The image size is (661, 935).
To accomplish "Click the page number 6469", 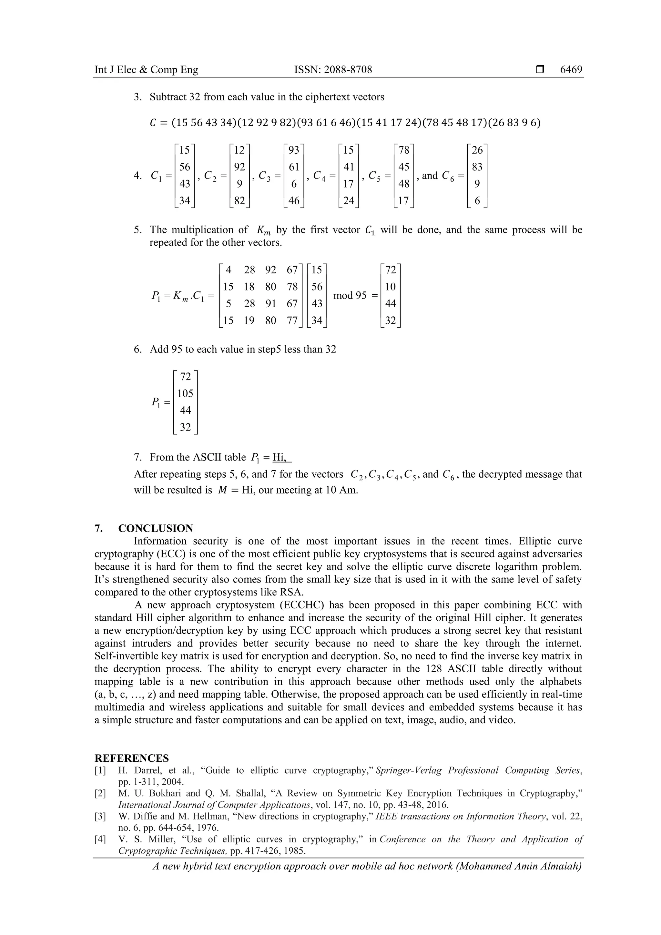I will (x=571, y=70).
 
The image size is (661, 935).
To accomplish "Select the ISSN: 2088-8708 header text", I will (x=333, y=70).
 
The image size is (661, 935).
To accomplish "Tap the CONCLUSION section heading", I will (x=156, y=529).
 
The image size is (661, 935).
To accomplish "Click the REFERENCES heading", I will (x=132, y=758).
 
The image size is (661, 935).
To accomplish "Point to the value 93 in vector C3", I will (x=294, y=150).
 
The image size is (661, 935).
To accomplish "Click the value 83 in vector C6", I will (x=477, y=167).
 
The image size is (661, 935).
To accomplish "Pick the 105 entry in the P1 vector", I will (x=185, y=393).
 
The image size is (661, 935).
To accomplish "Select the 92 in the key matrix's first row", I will (x=270, y=270).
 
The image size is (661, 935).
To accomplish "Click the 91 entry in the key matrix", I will (x=270, y=304).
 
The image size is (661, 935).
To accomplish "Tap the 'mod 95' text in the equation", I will (x=350, y=295).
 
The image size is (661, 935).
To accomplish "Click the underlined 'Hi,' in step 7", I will (x=280, y=457).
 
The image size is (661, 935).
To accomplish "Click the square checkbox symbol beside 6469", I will (x=540, y=70).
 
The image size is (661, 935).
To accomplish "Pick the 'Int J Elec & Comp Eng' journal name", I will (x=146, y=70).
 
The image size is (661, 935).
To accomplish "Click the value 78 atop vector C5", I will (x=404, y=150).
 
